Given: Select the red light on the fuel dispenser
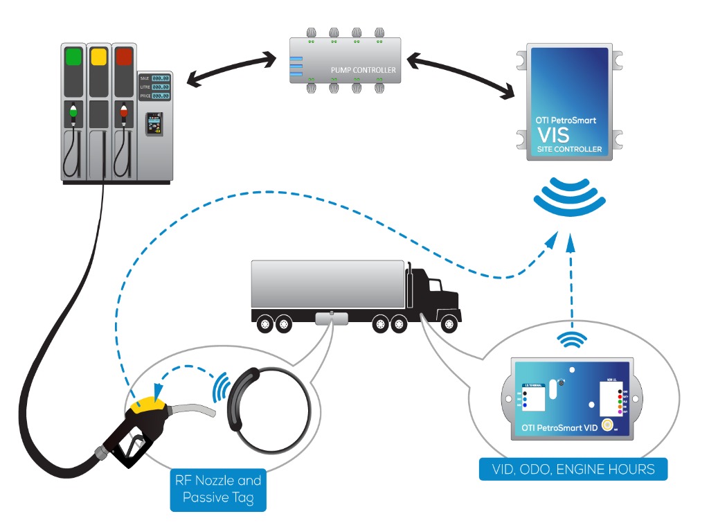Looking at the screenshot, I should pos(124,56).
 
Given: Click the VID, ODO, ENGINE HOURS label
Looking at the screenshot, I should pos(574,469).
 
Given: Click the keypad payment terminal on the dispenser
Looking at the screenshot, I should pos(154,124).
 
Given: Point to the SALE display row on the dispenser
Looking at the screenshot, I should pos(154,78).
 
